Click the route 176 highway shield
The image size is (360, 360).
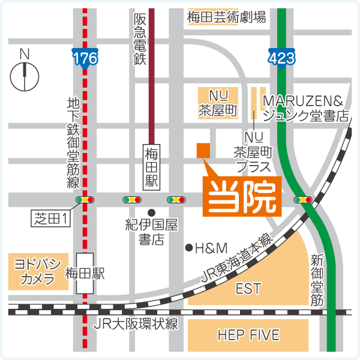[85, 57]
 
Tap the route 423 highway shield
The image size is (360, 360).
[280, 57]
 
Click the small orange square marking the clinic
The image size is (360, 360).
[203, 150]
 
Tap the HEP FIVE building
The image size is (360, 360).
[248, 334]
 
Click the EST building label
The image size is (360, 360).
[248, 289]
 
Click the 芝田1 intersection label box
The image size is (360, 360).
[51, 220]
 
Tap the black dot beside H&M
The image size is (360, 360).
[188, 247]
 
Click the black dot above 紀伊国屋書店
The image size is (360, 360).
[152, 212]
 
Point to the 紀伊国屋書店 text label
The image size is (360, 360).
[152, 232]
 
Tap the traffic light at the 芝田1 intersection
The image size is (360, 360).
[85, 199]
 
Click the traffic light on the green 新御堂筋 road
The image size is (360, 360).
[302, 199]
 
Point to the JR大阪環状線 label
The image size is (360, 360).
[136, 325]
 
